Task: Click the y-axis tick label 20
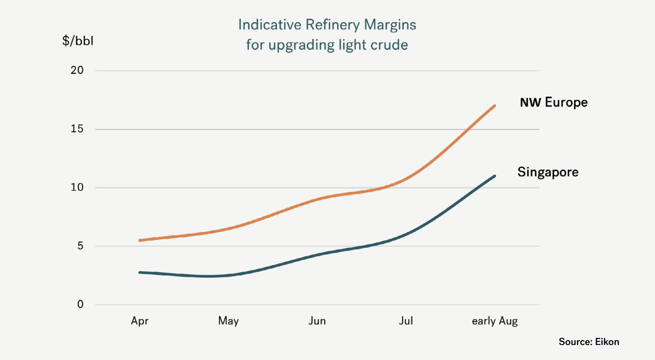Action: (77, 70)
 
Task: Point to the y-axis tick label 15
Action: (77, 129)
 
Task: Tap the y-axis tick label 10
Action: (77, 187)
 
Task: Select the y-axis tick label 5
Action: (80, 246)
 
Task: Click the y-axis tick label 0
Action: (80, 304)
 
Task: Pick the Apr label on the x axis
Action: (140, 321)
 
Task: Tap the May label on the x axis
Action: (229, 321)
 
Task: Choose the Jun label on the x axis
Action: (317, 321)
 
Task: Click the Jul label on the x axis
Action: (406, 321)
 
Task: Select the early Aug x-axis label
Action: (495, 321)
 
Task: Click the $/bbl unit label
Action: (78, 41)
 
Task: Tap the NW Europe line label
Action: (554, 102)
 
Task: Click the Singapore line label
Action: (548, 172)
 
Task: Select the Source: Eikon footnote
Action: (589, 342)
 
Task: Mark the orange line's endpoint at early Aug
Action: (495, 106)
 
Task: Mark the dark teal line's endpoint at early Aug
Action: (495, 176)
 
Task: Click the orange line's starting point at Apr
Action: (140, 240)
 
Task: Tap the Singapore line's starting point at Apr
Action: (140, 272)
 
